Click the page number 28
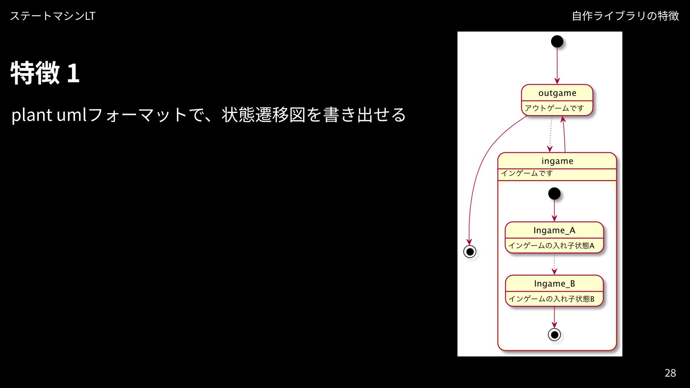pyautogui.click(x=670, y=373)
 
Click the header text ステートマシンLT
pyautogui.click(x=52, y=16)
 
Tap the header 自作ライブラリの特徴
pyautogui.click(x=625, y=16)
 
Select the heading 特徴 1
pyautogui.click(x=45, y=73)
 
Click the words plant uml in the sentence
pyautogui.click(x=49, y=115)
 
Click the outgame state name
pyautogui.click(x=557, y=93)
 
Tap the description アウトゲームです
pyautogui.click(x=554, y=108)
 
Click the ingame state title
pyautogui.click(x=557, y=161)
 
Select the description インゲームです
pyautogui.click(x=527, y=173)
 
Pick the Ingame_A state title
pyautogui.click(x=554, y=230)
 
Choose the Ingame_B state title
pyautogui.click(x=554, y=283)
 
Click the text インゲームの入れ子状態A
pyautogui.click(x=551, y=246)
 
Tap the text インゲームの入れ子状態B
pyautogui.click(x=551, y=299)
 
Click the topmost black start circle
pyautogui.click(x=557, y=42)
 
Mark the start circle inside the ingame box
pyautogui.click(x=554, y=194)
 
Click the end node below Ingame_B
pyautogui.click(x=554, y=335)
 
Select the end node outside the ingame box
pyautogui.click(x=470, y=251)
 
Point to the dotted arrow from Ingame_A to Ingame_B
pyautogui.click(x=554, y=264)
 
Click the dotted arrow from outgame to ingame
pyautogui.click(x=551, y=134)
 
